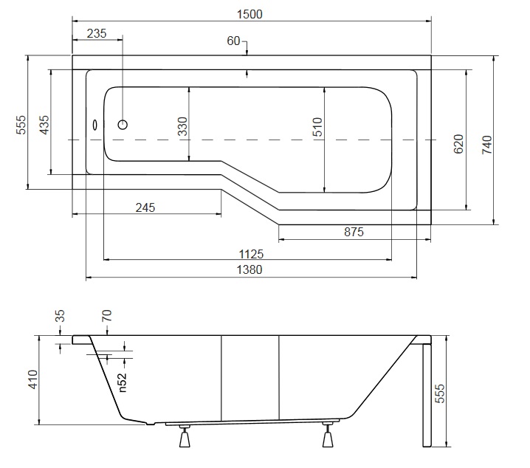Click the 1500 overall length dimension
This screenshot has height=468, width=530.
pos(251,14)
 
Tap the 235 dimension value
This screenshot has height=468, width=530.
pos(97,33)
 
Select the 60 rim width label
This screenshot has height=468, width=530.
pos(233,41)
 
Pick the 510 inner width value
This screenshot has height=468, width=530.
pos(317,128)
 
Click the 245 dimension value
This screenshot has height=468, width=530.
pos(145,207)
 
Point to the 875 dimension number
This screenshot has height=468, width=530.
pos(354,233)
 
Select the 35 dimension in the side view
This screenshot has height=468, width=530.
pos(61,317)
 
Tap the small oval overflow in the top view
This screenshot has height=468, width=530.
pos(94,124)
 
